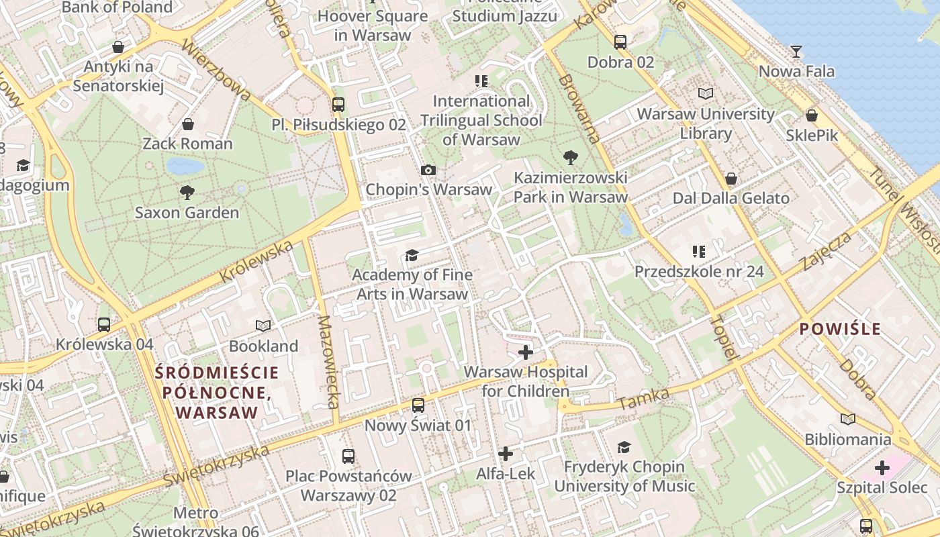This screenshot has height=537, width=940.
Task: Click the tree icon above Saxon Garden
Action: coord(187,193)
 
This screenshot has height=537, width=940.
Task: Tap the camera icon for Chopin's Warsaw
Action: coord(428,170)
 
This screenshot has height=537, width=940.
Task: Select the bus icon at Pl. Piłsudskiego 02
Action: coord(338,105)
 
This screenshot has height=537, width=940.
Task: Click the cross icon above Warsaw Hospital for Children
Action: coord(526,352)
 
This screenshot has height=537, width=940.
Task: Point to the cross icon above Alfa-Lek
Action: coord(506,454)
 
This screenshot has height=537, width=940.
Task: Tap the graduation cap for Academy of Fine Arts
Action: coord(412,255)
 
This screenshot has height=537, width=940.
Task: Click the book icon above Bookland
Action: coord(263,326)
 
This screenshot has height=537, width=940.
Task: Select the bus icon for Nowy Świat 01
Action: coord(418,405)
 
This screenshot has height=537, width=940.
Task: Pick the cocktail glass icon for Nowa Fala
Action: coord(796,52)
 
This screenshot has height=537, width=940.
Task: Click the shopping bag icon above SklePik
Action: coord(812,115)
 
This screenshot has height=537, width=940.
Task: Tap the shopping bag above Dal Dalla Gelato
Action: coord(731,179)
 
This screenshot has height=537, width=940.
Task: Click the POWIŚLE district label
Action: coord(839,329)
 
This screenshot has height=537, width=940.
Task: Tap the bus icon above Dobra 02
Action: coord(620,42)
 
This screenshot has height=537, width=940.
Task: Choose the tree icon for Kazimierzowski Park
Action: coord(571,158)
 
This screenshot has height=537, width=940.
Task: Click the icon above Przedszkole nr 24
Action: coord(698,252)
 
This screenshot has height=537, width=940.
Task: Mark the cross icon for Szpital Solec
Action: coord(882,468)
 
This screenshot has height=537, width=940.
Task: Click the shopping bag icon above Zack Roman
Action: coord(188,124)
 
